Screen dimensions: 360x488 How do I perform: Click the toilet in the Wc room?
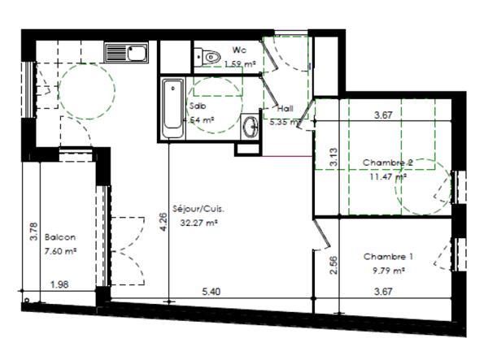pos(211,56)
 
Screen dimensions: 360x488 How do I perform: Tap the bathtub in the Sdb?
pos(172,108)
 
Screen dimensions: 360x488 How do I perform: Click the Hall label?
pos(285,108)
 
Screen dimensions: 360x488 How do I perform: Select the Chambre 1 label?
pos(388,257)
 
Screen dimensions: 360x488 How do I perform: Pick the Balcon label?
pos(59,237)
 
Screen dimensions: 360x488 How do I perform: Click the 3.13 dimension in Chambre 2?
pos(333,157)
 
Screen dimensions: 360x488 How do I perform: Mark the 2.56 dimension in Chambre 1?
pos(333,264)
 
